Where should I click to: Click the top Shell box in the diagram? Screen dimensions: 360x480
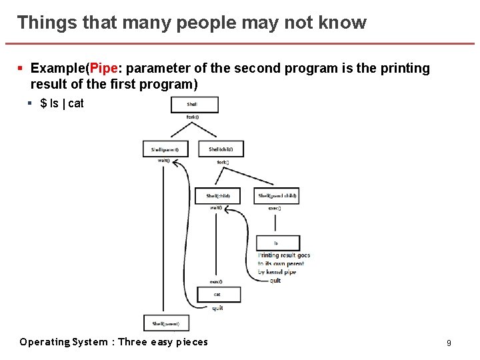click(192, 105)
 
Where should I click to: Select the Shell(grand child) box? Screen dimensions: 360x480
click(277, 196)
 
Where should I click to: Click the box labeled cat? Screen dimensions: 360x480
click(217, 294)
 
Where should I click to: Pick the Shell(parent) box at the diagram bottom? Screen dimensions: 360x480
click(166, 323)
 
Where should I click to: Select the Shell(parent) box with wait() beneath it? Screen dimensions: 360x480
click(165, 149)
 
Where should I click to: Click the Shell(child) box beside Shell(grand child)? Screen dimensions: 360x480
click(218, 196)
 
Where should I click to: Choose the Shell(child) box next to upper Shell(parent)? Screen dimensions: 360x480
click(221, 149)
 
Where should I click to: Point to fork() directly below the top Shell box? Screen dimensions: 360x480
click(192, 117)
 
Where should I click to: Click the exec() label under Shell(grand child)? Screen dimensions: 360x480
click(274, 209)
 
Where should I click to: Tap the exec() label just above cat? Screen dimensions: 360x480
click(216, 282)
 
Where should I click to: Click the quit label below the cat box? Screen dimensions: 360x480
click(217, 307)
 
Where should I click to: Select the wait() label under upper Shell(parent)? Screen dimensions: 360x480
click(163, 161)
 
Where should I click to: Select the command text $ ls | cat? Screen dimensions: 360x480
click(62, 103)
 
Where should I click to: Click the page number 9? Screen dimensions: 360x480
click(449, 343)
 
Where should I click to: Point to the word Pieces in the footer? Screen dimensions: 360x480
click(189, 342)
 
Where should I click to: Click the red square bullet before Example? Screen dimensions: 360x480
click(21, 69)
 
